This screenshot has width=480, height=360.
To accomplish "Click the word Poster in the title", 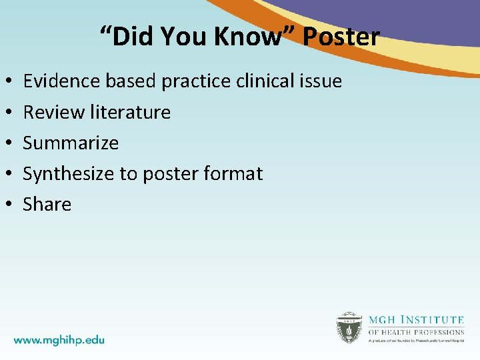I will click(341, 37).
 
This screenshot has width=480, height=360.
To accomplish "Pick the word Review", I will click(53, 112).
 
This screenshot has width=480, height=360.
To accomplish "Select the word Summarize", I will click(71, 143).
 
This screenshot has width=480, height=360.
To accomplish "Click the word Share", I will click(47, 204).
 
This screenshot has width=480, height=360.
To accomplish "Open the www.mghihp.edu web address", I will click(59, 339).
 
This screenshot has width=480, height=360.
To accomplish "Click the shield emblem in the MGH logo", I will click(349, 327).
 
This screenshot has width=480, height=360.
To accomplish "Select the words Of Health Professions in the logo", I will click(416, 331).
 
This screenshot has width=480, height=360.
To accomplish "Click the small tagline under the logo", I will click(416, 341).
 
